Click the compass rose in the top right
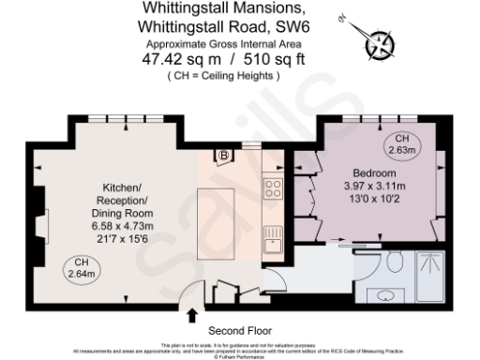point(380,43)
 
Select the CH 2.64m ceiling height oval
point(80,267)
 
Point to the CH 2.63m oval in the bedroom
point(404,144)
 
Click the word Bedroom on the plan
point(375,174)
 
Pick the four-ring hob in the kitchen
point(274,189)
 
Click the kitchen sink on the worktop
point(274,246)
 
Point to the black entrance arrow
point(193,315)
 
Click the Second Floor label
point(239,330)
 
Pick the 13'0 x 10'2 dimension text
point(374,200)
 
